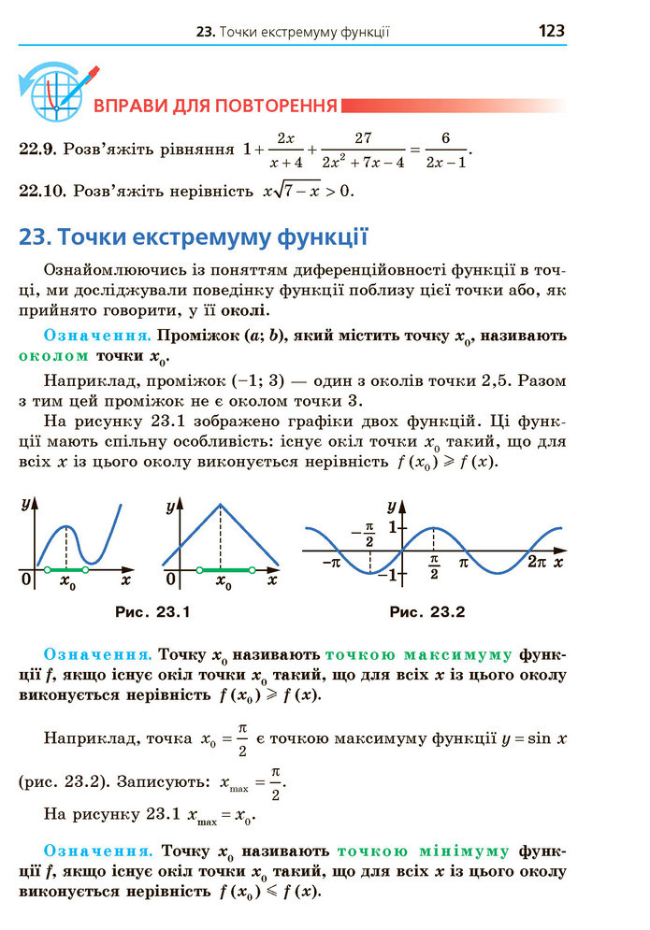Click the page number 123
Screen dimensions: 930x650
[551, 31]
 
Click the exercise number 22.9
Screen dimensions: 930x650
[39, 148]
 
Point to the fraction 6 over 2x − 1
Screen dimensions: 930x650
[445, 150]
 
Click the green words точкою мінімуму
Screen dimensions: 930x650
[423, 851]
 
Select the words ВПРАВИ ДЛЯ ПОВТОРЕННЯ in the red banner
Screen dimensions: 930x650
[215, 105]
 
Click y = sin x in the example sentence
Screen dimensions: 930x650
[533, 738]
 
